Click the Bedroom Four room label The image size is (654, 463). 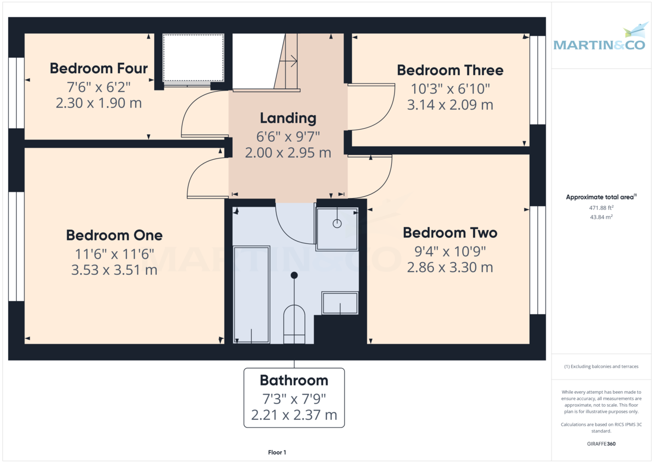(99, 68)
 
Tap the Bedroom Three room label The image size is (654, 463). (450, 70)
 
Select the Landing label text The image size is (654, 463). (288, 118)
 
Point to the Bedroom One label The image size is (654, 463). (114, 235)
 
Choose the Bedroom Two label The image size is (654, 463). (450, 233)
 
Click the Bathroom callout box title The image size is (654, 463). (294, 380)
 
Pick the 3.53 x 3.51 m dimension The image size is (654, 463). (114, 269)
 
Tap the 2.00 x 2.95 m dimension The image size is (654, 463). (288, 153)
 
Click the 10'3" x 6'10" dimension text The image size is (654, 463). (450, 88)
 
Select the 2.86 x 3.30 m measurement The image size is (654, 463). (450, 267)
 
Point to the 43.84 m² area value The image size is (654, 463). (601, 217)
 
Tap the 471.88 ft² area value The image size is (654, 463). (601, 207)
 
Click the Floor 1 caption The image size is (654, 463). (277, 452)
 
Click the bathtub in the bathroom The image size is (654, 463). (251, 294)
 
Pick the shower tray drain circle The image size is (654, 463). (337, 223)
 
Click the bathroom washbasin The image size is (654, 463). (340, 303)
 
